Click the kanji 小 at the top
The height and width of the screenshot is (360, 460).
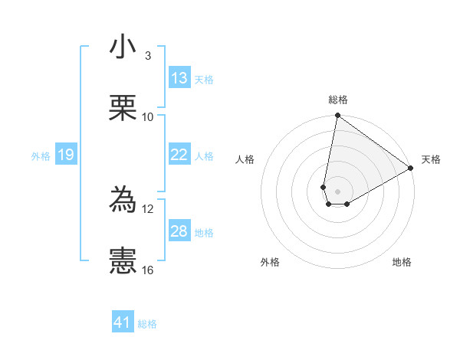[x=123, y=47]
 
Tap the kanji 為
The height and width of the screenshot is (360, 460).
[x=123, y=201]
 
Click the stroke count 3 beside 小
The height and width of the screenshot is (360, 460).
[x=147, y=55]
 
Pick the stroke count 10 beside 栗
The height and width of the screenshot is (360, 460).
[x=147, y=116]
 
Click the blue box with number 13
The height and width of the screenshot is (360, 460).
[x=179, y=78]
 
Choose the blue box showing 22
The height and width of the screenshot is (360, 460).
[x=179, y=155]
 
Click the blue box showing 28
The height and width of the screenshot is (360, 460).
[x=179, y=231]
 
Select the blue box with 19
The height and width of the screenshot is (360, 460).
[x=66, y=155]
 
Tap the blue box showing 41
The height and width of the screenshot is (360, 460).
[x=123, y=323]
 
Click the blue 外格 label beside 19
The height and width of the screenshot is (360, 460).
[x=41, y=155]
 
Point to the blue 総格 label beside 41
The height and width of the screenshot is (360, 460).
[x=147, y=324]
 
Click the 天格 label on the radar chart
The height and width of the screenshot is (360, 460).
[x=431, y=159]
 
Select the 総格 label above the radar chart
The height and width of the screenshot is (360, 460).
[x=337, y=100]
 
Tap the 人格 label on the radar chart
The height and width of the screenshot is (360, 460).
[x=245, y=159]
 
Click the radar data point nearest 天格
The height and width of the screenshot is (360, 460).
[x=411, y=169]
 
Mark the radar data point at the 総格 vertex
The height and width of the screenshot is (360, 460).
[x=337, y=116]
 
